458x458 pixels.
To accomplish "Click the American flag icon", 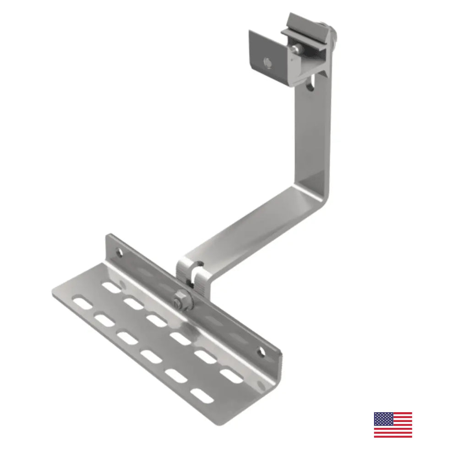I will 393,425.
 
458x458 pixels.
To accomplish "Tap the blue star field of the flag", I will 382,419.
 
